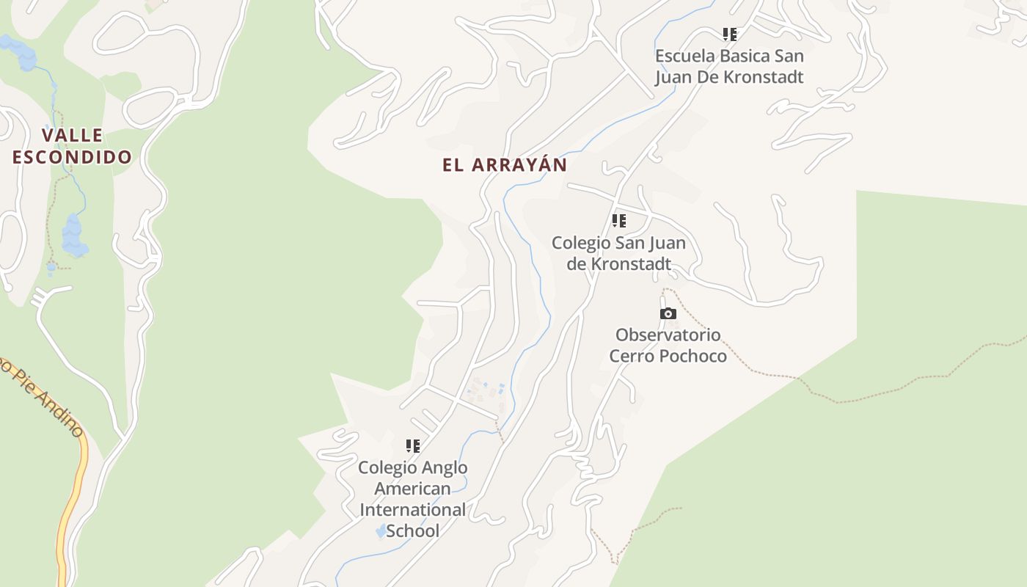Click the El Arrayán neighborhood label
pyautogui.click(x=505, y=165)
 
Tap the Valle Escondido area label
pyautogui.click(x=72, y=146)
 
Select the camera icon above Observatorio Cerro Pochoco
pyautogui.click(x=668, y=314)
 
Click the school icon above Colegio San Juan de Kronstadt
pyautogui.click(x=619, y=221)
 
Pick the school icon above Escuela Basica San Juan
pyautogui.click(x=729, y=34)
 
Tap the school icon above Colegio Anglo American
pyautogui.click(x=413, y=446)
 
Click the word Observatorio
pyautogui.click(x=668, y=335)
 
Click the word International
pyautogui.click(x=412, y=510)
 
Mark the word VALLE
pyautogui.click(x=72, y=136)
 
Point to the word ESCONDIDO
pyautogui.click(x=72, y=157)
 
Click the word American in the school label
pyautogui.click(x=412, y=489)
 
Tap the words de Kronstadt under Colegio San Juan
pyautogui.click(x=619, y=264)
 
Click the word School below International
pyautogui.click(x=412, y=531)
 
